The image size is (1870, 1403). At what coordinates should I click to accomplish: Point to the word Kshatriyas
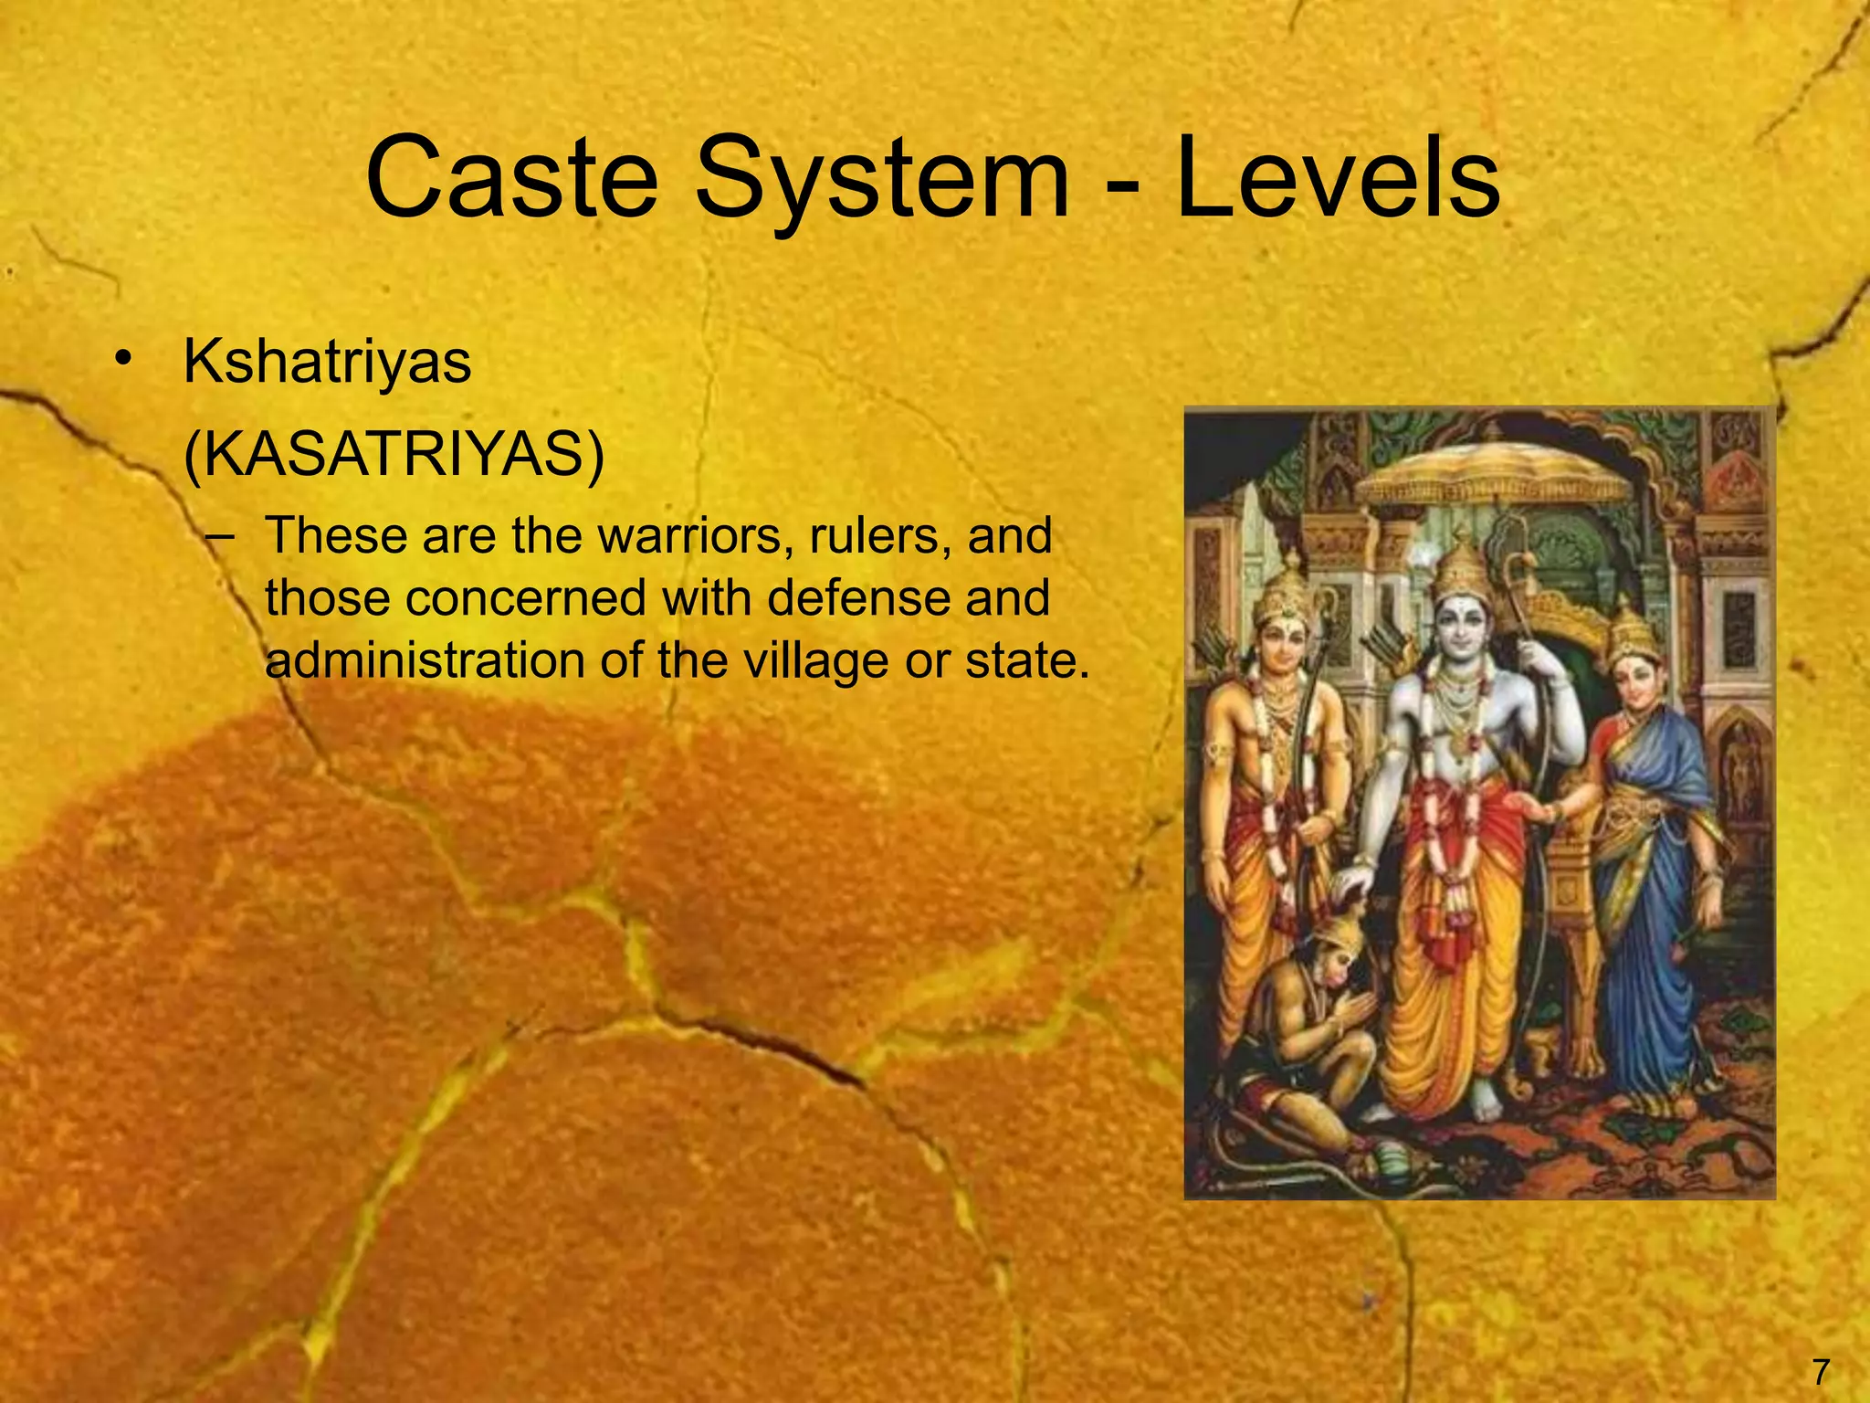click(x=327, y=363)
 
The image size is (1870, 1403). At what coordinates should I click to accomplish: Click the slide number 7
click(x=1820, y=1372)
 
